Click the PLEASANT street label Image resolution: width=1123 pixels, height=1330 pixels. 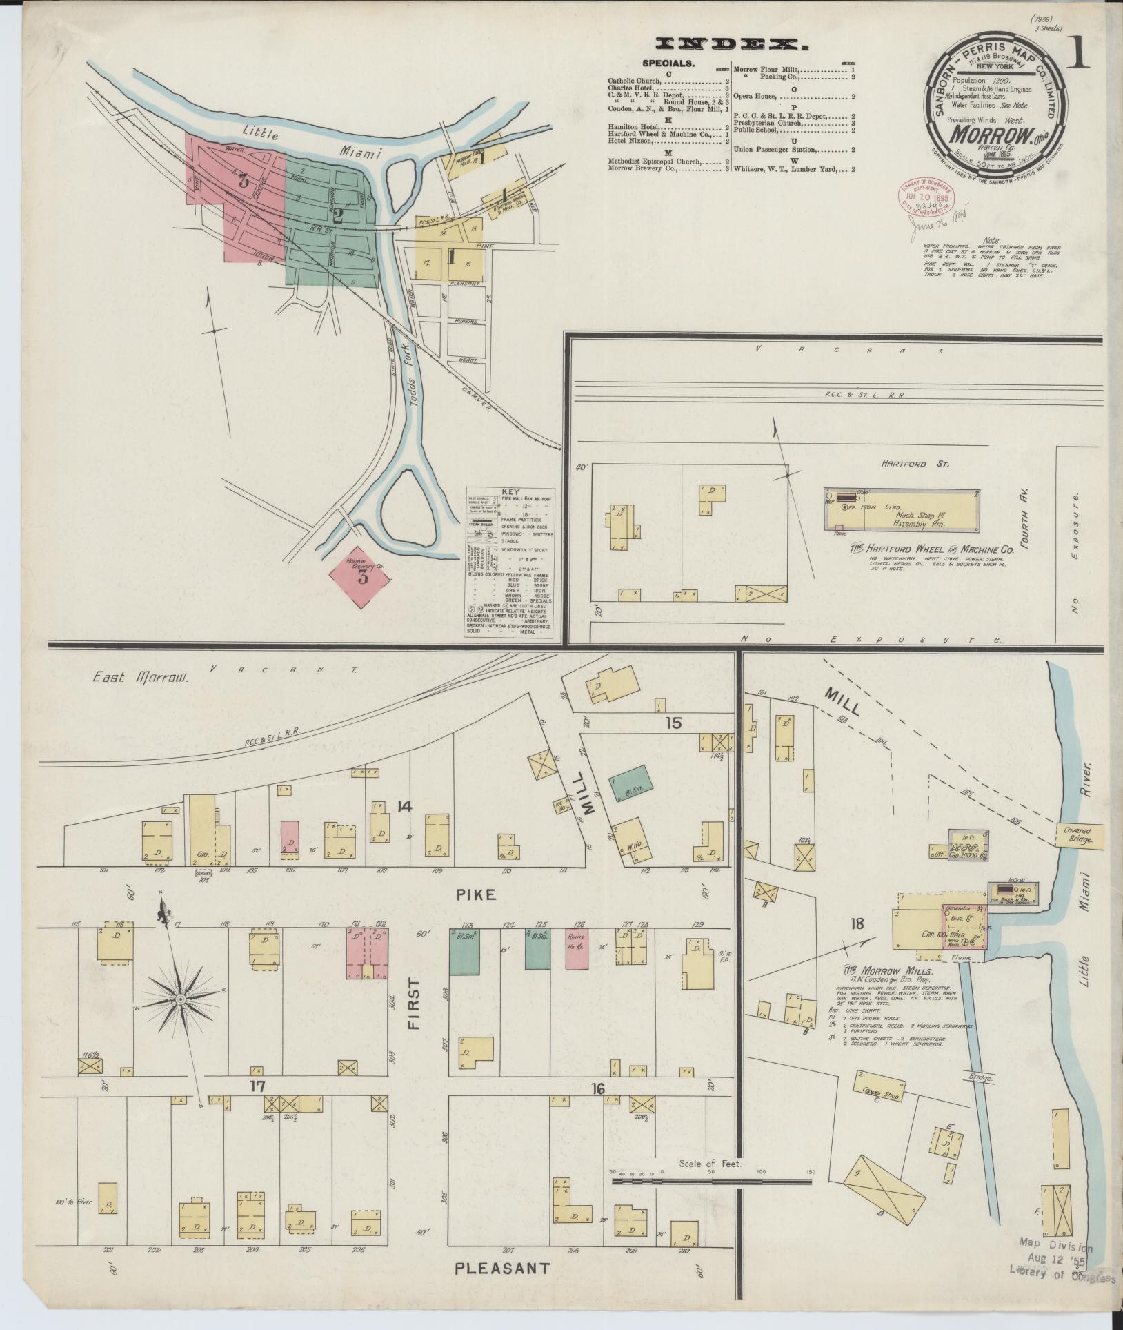pos(503,1268)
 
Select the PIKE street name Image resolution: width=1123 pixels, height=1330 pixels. pos(476,894)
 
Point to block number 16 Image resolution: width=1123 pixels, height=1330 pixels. pos(597,1089)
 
